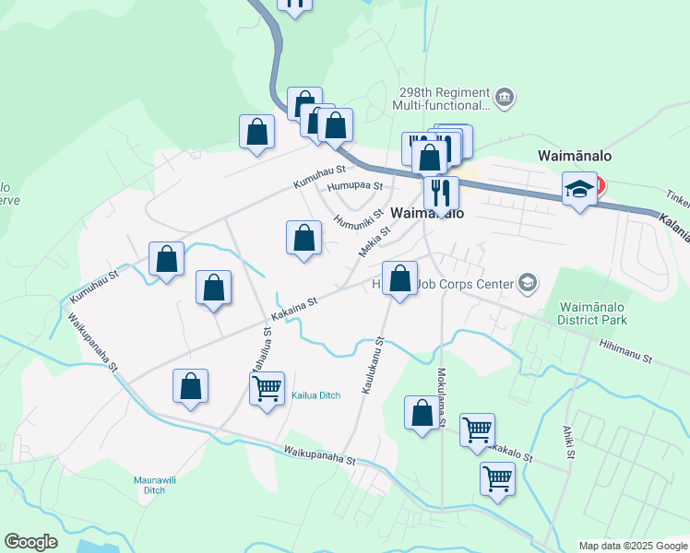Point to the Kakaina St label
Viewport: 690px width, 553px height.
point(294,302)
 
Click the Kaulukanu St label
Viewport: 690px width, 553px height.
point(373,366)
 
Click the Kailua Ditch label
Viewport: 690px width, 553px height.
point(316,395)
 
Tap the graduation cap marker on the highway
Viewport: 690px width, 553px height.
point(578,190)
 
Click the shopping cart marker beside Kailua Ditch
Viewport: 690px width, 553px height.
point(267,388)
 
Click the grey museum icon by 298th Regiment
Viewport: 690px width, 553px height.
point(504,98)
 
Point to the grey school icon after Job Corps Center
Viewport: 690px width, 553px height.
point(528,283)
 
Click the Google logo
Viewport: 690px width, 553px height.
point(30,542)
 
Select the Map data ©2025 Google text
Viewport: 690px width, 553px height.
point(632,546)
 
